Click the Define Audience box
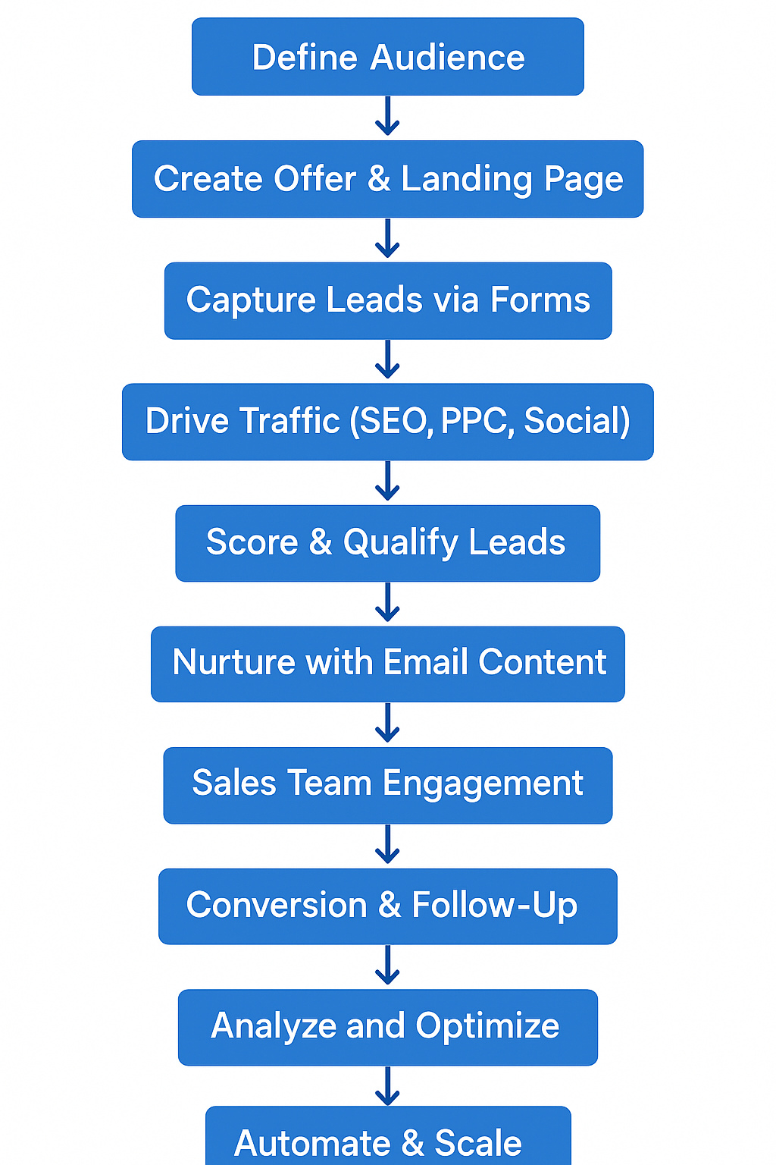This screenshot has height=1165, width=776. (x=387, y=57)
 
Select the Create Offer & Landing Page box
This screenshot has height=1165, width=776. (x=387, y=179)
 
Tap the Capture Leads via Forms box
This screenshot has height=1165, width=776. (x=387, y=300)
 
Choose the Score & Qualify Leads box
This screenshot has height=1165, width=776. (x=387, y=543)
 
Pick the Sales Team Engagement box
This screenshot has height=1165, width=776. (x=387, y=785)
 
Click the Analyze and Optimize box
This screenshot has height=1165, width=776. (x=387, y=1027)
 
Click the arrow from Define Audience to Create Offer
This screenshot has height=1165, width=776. (x=387, y=117)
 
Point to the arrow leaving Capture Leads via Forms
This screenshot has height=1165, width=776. (x=387, y=360)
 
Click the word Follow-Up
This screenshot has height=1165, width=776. (x=494, y=906)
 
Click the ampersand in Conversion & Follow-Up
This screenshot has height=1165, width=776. (x=389, y=906)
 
